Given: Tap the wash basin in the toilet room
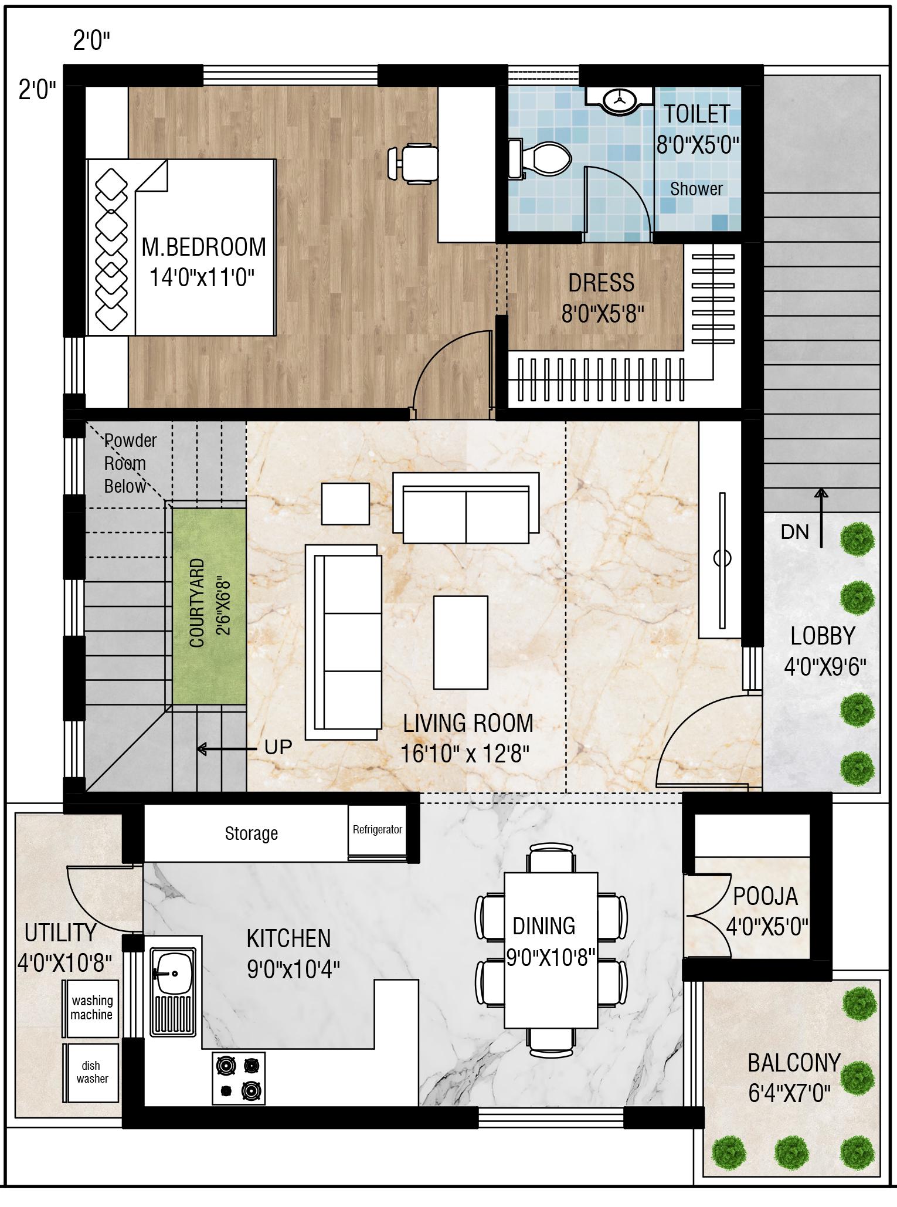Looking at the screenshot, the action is click(x=620, y=99).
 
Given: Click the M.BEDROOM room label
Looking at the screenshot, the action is click(x=203, y=247).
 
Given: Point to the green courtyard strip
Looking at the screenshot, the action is click(x=209, y=606).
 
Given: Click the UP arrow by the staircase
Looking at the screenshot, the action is click(x=227, y=749).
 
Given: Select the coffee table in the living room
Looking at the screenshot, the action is click(x=460, y=642).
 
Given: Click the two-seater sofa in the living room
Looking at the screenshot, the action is click(x=466, y=508).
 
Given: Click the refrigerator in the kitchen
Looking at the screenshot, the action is click(x=378, y=831).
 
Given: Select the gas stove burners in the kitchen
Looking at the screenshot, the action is click(x=238, y=1078).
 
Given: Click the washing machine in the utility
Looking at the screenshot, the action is click(x=91, y=1008).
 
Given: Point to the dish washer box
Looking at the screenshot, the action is click(x=91, y=1072).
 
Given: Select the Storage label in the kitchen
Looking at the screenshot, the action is click(x=252, y=833).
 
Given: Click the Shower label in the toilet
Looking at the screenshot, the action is click(x=696, y=189).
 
